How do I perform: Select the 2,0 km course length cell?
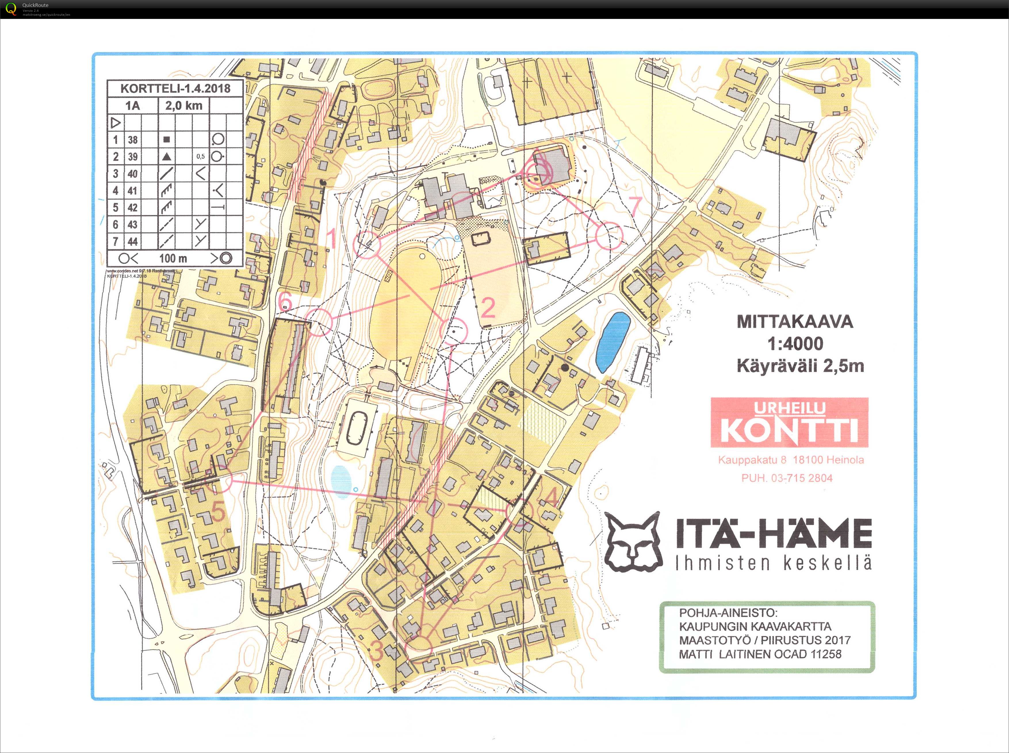pos(183,106)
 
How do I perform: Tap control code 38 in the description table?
pos(133,140)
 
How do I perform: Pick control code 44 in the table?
pos(133,242)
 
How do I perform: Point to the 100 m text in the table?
pos(173,258)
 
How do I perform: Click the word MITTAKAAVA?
pos(795,322)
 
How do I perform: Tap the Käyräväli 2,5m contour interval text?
pos(800,365)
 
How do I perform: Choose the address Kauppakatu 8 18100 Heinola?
pos(791,460)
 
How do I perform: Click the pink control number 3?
pos(376,652)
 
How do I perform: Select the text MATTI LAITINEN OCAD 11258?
pos(760,654)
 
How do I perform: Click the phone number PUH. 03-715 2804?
pos(787,478)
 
